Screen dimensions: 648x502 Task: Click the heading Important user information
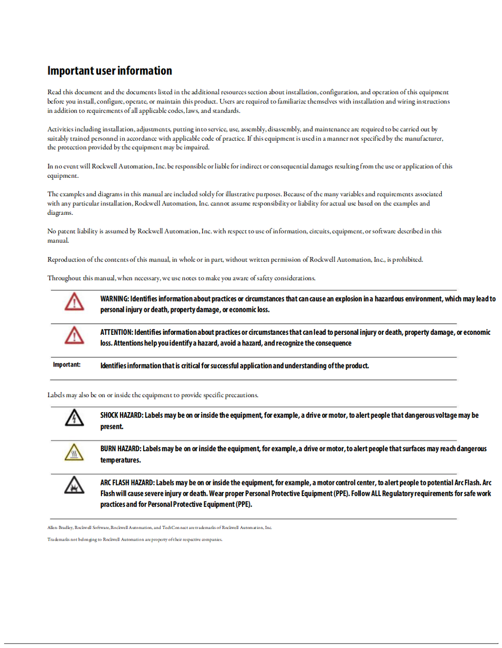109,71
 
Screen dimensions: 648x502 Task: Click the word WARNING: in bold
115,299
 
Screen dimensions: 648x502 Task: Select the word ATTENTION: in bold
117,332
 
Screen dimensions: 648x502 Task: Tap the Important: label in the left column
67,364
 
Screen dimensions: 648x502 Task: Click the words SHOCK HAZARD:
122,415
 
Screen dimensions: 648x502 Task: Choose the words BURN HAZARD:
120,449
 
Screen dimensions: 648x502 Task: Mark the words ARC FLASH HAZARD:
127,482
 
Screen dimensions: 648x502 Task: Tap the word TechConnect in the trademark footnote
174,527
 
